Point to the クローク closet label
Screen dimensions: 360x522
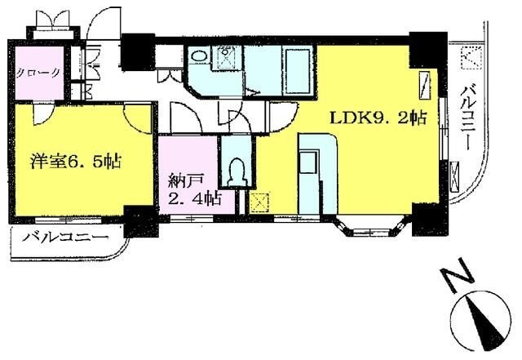[x=38, y=72]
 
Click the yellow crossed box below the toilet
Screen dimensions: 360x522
[x=261, y=201]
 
